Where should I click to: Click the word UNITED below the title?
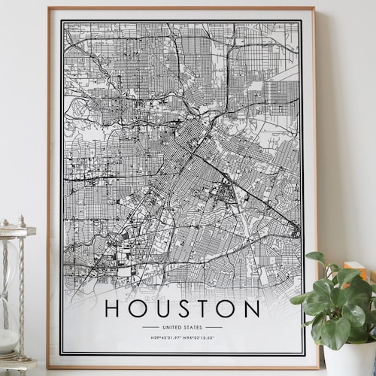(172, 327)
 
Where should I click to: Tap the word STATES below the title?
(194, 327)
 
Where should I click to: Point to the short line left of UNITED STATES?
(150, 327)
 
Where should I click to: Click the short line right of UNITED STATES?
(214, 327)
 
